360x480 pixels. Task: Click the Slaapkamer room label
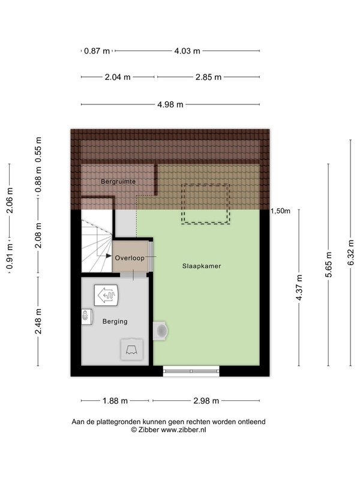202,266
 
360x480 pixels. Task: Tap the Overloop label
130,258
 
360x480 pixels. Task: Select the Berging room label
115,322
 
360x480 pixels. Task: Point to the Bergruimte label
118,182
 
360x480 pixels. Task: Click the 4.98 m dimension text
170,104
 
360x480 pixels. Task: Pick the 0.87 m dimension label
97,51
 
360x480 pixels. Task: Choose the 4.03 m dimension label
187,51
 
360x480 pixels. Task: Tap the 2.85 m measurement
208,77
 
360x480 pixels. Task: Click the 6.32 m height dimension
351,253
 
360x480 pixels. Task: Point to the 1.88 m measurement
115,401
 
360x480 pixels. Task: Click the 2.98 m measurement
206,401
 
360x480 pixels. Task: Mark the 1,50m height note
280,211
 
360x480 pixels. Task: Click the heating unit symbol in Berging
106,295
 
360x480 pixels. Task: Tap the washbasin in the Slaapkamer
160,331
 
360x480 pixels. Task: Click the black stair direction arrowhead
109,256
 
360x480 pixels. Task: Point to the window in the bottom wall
191,371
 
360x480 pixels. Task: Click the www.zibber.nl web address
184,430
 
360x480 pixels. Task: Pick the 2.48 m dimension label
38,322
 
